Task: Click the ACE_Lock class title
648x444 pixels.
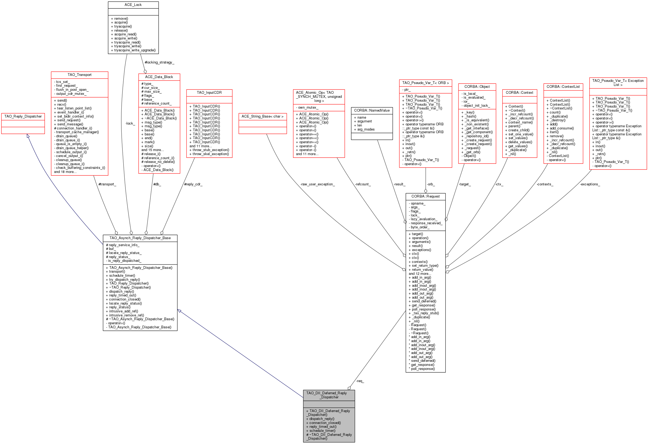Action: pos(133,5)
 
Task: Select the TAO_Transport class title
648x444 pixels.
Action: pos(79,75)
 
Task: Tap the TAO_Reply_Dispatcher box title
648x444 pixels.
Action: pos(23,116)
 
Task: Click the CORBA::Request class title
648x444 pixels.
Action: pos(425,196)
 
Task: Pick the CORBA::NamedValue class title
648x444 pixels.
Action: pos(372,110)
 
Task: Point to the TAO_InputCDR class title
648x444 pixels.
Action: pos(209,92)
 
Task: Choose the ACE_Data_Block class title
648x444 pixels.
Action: pos(159,77)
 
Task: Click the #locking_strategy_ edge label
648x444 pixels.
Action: pos(159,62)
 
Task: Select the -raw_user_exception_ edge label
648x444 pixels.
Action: pos(317,184)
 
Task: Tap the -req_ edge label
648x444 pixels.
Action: pos(360,381)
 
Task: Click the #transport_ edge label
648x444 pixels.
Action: pos(107,184)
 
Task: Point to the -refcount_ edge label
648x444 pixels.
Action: pos(363,184)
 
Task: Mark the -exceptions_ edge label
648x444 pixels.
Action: pos(590,184)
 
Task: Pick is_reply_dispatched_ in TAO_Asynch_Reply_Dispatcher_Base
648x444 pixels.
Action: pos(124,261)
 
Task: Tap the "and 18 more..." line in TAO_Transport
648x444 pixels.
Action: pos(65,172)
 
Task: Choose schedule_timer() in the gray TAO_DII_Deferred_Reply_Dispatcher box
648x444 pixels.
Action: pos(322,430)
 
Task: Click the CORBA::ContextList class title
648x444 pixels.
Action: pos(563,87)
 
